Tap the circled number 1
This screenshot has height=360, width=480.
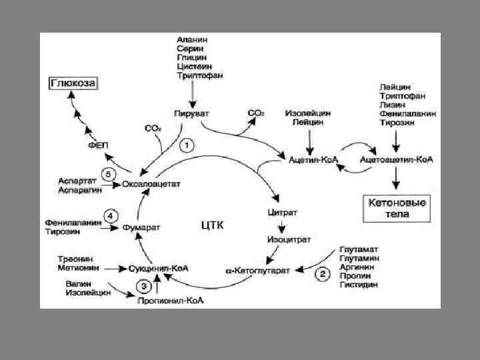189,144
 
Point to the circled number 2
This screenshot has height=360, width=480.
323,273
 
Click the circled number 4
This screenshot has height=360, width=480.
111,215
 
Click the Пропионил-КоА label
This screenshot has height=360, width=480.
170,301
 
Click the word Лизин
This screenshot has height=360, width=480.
391,105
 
